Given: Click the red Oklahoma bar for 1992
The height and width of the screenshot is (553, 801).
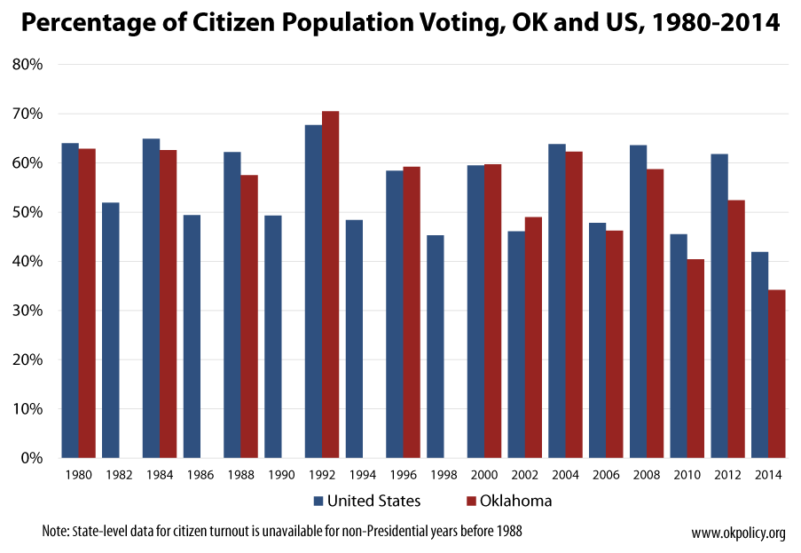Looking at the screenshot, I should tap(330, 284).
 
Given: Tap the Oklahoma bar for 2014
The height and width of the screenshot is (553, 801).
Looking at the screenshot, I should tap(776, 374).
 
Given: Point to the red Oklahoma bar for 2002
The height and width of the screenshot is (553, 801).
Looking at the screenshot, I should tap(533, 337).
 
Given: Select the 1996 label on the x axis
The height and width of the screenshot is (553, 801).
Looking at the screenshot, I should tap(403, 476).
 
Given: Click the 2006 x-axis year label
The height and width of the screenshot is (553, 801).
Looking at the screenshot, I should tap(606, 476).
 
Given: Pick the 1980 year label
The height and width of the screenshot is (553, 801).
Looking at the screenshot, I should tap(78, 476).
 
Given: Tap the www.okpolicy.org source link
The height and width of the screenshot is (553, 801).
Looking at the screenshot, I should tap(738, 533).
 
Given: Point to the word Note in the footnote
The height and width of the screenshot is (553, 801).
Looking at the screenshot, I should tap(55, 532).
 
